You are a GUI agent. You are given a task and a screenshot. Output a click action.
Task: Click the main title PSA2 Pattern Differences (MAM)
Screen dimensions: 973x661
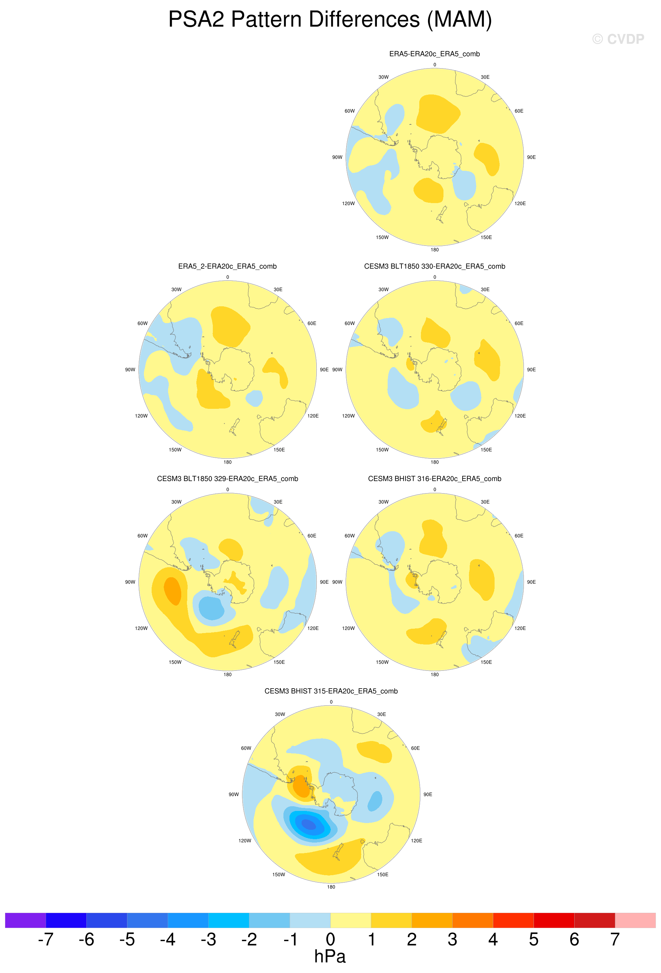330,19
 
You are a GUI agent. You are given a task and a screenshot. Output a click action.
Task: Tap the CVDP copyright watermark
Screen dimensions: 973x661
618,39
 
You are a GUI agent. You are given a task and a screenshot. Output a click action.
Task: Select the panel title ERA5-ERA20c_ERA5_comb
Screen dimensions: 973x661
434,53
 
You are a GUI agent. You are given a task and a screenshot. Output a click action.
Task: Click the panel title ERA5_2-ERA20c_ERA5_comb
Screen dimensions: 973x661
227,266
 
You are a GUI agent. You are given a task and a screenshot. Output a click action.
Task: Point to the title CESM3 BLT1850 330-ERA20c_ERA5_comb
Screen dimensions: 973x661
434,266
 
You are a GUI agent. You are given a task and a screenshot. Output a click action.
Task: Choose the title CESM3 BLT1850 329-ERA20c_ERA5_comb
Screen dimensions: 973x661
227,478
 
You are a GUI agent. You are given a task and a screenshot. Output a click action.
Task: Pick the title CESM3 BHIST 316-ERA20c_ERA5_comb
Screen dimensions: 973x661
434,478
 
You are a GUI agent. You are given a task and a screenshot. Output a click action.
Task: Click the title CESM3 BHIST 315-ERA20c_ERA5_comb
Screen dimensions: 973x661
331,691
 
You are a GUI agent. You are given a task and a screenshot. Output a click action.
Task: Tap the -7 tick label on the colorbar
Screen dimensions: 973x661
46,939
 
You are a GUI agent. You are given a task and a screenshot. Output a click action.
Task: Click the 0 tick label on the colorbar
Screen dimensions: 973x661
330,939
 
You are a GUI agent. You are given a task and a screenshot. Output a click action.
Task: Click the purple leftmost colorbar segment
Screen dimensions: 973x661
25,920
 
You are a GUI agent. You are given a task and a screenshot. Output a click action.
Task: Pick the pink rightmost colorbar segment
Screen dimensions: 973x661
635,920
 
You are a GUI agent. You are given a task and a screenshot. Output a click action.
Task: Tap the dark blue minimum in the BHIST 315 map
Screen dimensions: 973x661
309,824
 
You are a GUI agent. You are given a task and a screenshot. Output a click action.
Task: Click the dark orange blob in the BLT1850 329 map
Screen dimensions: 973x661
172,590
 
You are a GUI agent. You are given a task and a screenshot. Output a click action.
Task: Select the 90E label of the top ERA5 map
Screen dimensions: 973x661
531,157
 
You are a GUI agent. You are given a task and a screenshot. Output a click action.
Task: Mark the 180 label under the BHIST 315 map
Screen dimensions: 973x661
331,887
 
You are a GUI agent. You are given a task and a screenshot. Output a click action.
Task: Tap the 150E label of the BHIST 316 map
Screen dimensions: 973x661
486,662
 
